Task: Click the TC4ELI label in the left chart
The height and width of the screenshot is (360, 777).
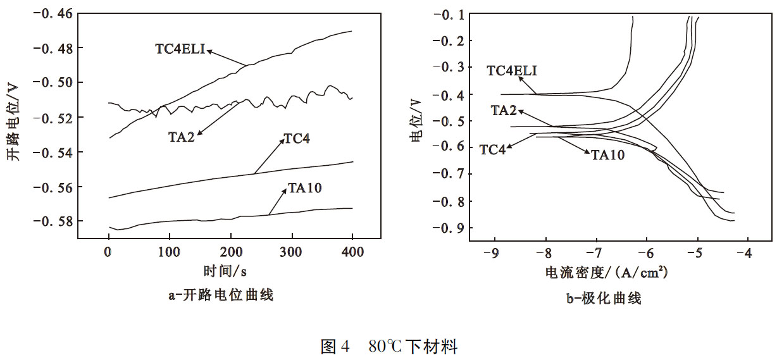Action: pos(180,49)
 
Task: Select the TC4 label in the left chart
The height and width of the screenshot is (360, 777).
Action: pos(297,139)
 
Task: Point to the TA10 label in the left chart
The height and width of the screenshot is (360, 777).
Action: pos(301,187)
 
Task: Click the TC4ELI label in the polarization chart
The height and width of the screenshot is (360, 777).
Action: pos(513,70)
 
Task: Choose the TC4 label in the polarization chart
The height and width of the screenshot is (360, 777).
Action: pos(493,150)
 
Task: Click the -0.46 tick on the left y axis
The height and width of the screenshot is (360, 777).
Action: pos(56,13)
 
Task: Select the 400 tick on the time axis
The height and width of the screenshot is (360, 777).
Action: pos(352,251)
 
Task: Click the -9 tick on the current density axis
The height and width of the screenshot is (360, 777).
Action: pos(490,254)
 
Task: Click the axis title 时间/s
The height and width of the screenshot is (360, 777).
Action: pos(225,271)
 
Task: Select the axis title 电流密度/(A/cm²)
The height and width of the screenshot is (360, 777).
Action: pos(606,273)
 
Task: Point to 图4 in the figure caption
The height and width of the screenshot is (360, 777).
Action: pos(335,347)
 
